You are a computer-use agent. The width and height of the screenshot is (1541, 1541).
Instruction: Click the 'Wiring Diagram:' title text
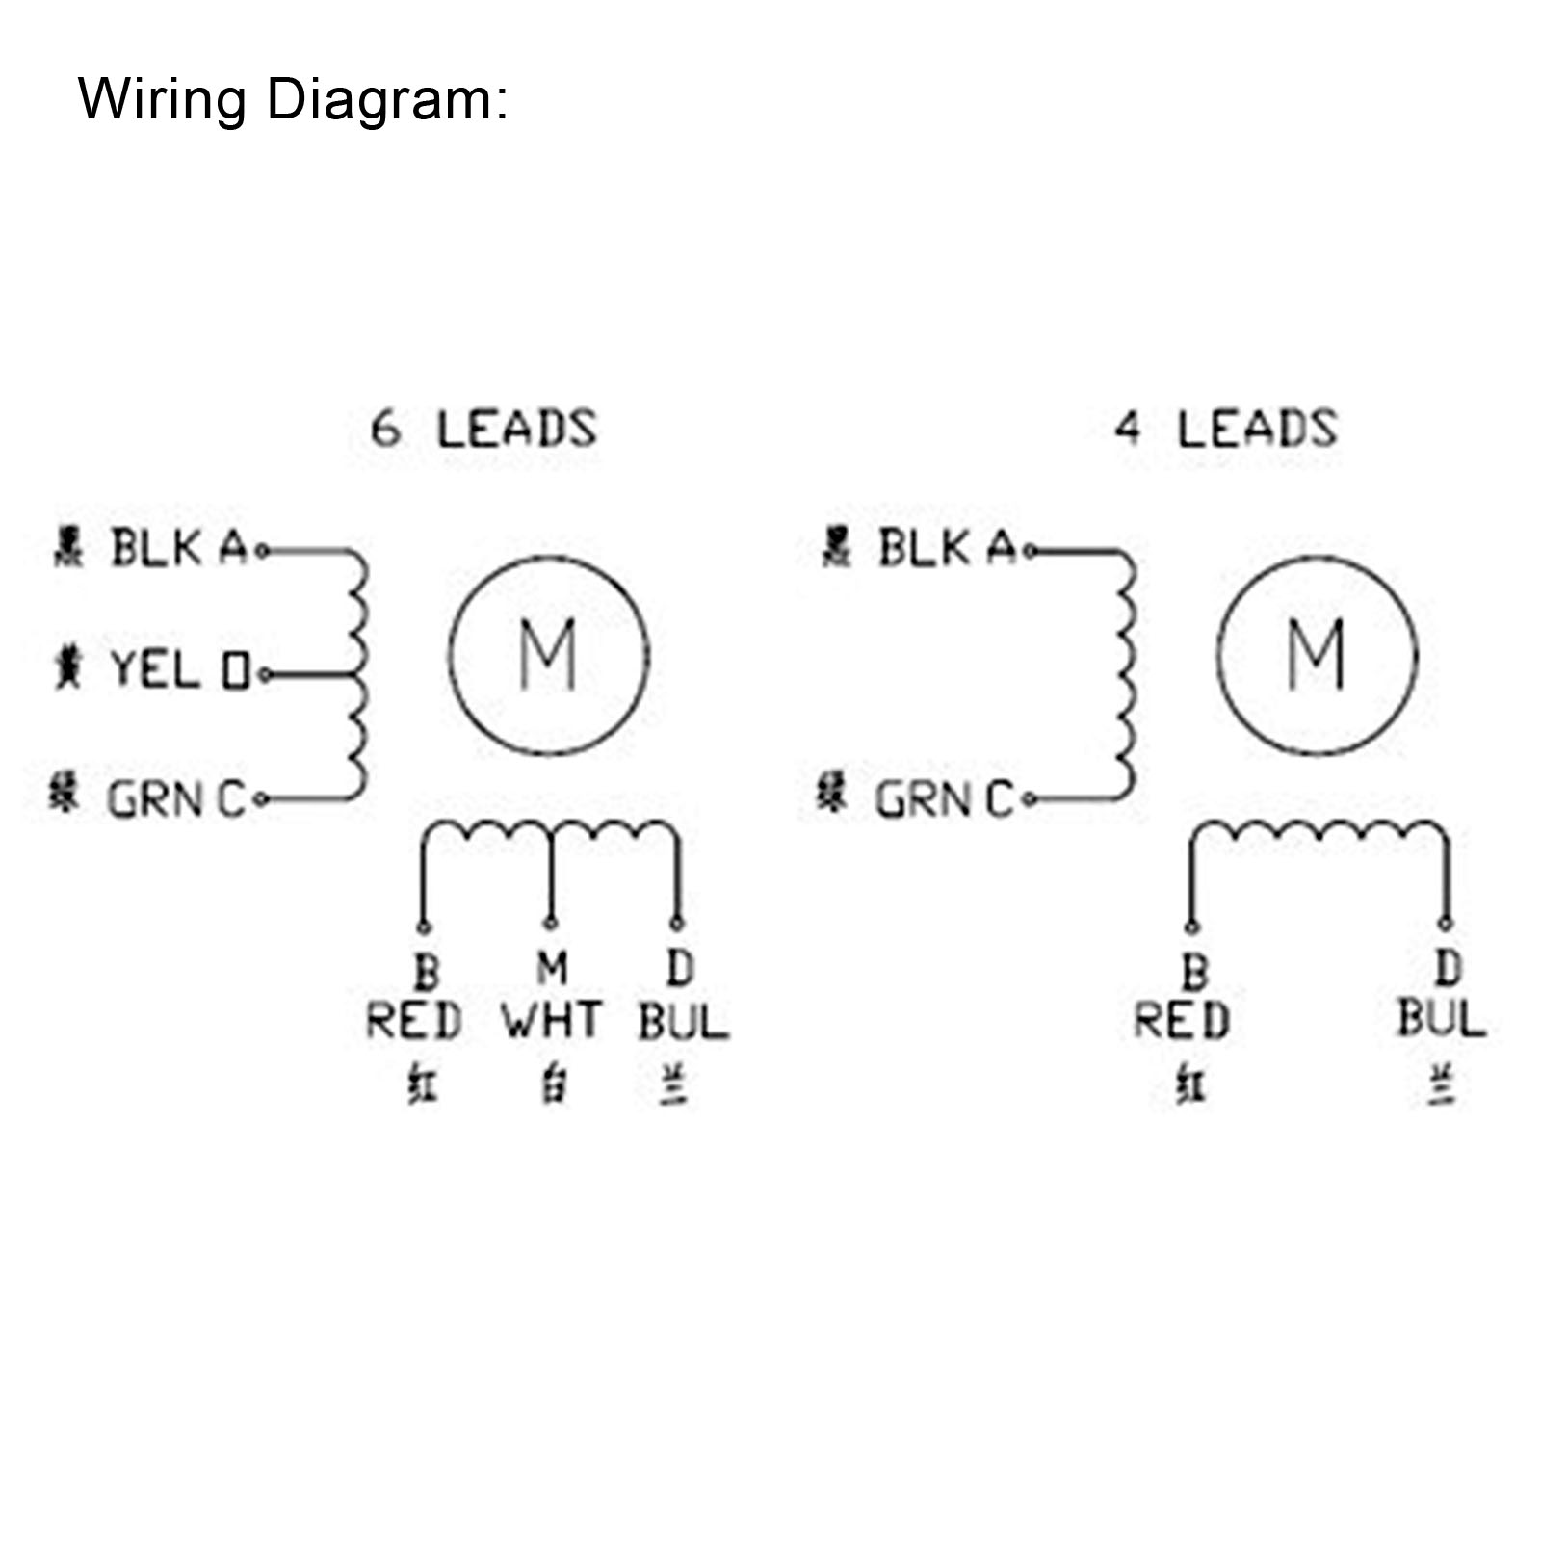tap(292, 99)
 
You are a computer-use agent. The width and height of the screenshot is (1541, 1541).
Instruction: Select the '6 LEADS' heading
tap(483, 430)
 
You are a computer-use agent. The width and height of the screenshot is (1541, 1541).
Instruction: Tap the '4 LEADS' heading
tap(1226, 430)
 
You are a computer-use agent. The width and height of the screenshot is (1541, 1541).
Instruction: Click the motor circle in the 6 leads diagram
tap(549, 655)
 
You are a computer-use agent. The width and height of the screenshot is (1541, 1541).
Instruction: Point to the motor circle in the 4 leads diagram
tap(1317, 655)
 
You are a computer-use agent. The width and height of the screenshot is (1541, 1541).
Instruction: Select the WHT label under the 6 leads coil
tap(552, 1021)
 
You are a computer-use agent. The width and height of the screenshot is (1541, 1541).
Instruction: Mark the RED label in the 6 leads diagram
tap(414, 1021)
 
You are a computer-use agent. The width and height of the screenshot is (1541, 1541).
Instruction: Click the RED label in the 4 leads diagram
tap(1182, 1021)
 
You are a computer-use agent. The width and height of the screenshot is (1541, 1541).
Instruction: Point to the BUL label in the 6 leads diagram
tap(683, 1021)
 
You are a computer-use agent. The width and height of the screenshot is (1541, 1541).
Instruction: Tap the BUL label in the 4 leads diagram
tap(1442, 1019)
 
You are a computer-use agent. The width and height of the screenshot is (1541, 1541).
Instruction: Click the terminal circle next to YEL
tap(263, 675)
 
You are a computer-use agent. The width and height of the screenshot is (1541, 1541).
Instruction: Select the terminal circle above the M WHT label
tap(550, 924)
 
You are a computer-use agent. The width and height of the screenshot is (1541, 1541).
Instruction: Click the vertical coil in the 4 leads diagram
tap(1127, 674)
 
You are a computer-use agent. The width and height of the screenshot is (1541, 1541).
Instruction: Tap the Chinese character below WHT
tap(552, 1085)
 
